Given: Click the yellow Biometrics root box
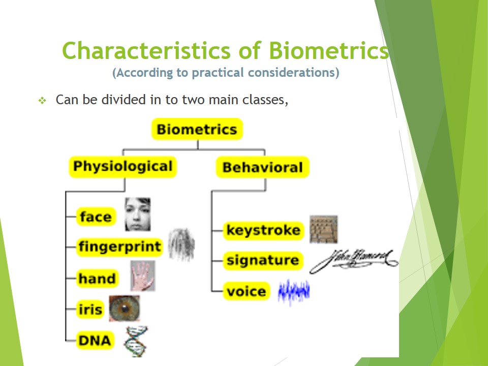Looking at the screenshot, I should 197,129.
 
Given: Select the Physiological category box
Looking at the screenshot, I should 123,167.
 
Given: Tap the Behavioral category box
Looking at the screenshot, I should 262,167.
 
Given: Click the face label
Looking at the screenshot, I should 96,217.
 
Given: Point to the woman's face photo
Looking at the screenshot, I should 137,214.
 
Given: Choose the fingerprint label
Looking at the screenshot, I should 120,248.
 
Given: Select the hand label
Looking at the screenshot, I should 97,279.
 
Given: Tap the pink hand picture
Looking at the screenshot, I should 142,276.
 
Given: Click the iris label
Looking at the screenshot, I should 90,310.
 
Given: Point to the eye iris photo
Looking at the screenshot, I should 124,308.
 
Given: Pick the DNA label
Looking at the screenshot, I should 95,340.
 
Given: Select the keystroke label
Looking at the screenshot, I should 263,230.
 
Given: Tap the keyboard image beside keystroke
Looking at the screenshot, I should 324,229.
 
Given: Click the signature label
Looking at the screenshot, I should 263,260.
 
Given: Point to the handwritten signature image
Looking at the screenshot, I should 354,260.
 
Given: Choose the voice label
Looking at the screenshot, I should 247,291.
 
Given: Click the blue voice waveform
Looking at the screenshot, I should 294,292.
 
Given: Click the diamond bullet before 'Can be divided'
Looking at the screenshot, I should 42,101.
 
